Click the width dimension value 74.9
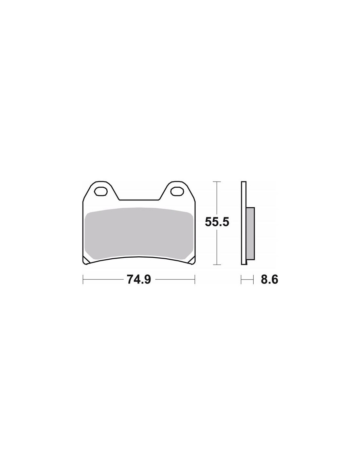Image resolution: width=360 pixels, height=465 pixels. pyautogui.click(x=139, y=280)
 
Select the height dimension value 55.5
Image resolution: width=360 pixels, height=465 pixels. pyautogui.click(x=217, y=222)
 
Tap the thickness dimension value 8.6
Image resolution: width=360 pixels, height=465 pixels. pyautogui.click(x=269, y=280)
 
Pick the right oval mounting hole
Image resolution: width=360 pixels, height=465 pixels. pyautogui.click(x=177, y=191)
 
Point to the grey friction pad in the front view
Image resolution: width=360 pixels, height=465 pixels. pyautogui.click(x=139, y=234)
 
